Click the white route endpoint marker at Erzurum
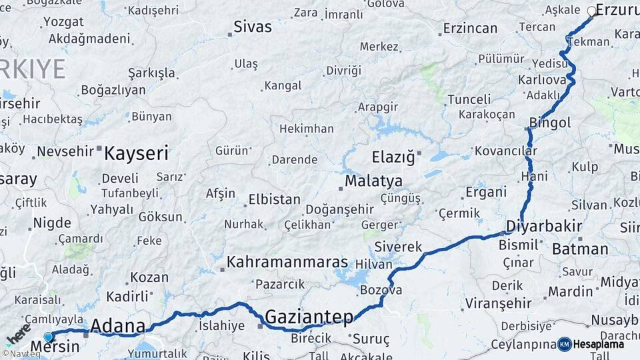(x=591, y=11)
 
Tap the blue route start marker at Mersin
(x=48, y=337)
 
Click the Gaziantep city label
(x=309, y=316)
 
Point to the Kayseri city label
(x=136, y=153)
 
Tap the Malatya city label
(x=373, y=181)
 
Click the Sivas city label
(x=253, y=27)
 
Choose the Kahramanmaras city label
(x=287, y=262)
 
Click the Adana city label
(x=117, y=326)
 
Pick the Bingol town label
(x=550, y=123)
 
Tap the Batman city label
(x=580, y=249)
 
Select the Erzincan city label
(x=470, y=28)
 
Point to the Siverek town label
(x=398, y=247)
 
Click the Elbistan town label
(x=274, y=199)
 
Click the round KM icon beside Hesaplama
(x=565, y=344)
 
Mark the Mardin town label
(x=570, y=291)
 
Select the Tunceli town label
(x=469, y=99)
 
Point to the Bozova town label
(x=381, y=290)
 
